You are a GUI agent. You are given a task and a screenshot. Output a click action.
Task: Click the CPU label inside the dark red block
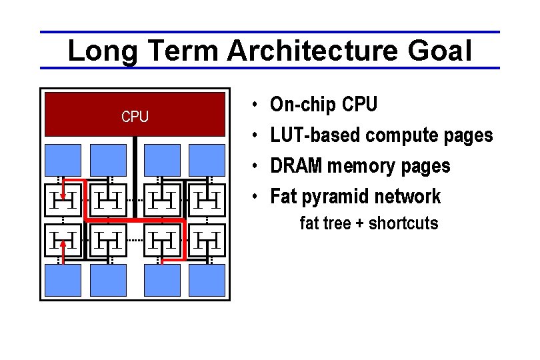click(x=135, y=117)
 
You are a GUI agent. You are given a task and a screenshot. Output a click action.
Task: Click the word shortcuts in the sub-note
click(x=403, y=223)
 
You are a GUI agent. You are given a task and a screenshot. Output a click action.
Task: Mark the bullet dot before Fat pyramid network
click(x=256, y=197)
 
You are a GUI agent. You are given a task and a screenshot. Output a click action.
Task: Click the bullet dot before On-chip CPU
click(x=256, y=105)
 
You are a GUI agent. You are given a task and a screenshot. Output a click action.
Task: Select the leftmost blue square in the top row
click(x=63, y=160)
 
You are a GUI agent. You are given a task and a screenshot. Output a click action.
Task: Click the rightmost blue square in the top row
click(x=207, y=160)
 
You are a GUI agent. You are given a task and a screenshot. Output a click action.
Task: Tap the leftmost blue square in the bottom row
click(x=63, y=279)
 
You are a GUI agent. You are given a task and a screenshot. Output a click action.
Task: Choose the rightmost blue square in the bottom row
click(x=207, y=279)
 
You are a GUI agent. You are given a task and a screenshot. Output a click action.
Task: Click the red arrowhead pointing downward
click(x=63, y=196)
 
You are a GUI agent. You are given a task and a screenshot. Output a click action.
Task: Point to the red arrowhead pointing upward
click(x=63, y=243)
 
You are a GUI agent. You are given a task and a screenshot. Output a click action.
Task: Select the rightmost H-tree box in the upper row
click(x=207, y=198)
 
